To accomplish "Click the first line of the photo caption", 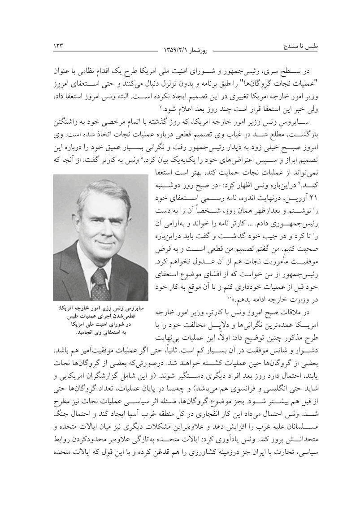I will tap(101, 308).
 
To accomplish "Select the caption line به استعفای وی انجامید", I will tap(101, 333).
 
